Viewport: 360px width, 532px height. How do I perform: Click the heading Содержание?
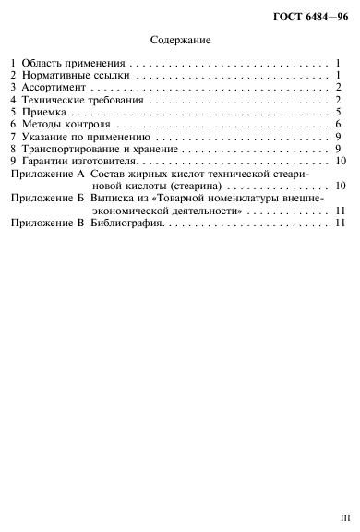pyautogui.click(x=179, y=40)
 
